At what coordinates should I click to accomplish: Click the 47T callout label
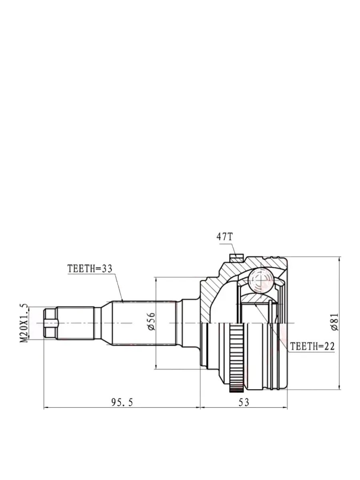pyautogui.click(x=225, y=237)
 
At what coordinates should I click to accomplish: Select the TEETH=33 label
pyautogui.click(x=90, y=269)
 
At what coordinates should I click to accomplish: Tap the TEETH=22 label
pyautogui.click(x=312, y=346)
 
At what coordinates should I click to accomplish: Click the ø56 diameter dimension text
pyautogui.click(x=151, y=322)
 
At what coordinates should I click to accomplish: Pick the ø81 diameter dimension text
pyautogui.click(x=335, y=322)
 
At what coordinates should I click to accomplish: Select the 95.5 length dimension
pyautogui.click(x=122, y=402)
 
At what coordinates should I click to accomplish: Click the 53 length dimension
pyautogui.click(x=244, y=402)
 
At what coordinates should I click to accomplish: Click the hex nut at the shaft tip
pyautogui.click(x=51, y=323)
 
